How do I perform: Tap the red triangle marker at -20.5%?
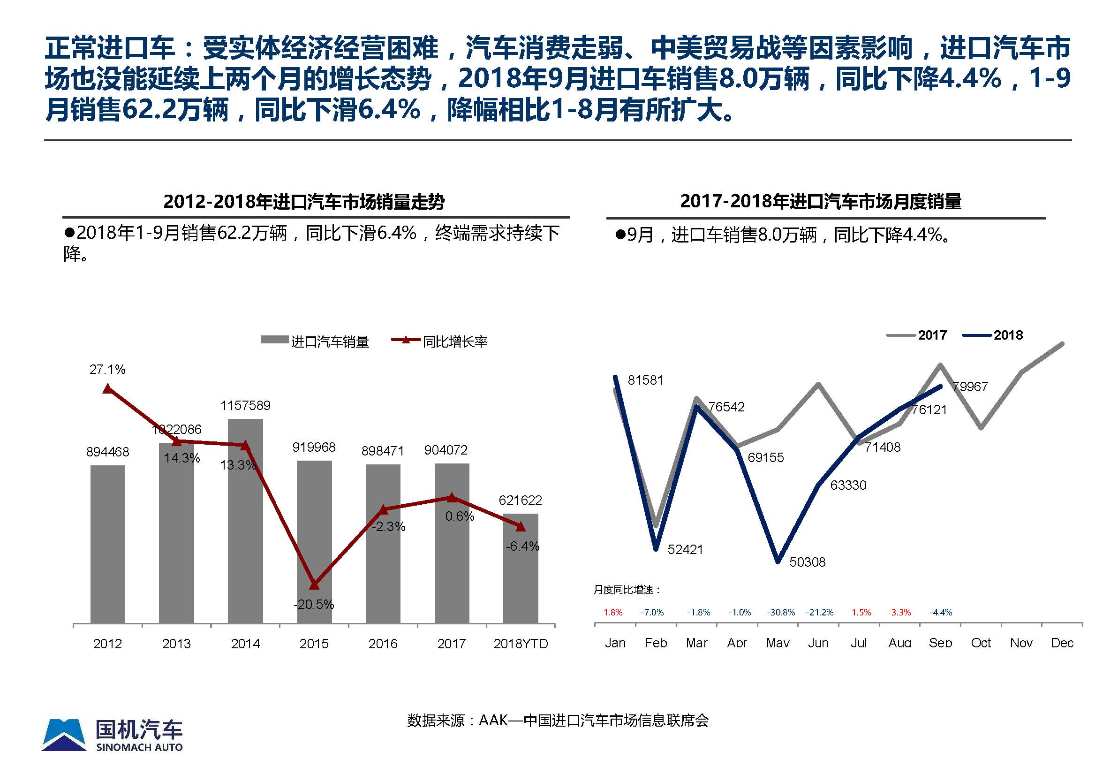tap(314, 585)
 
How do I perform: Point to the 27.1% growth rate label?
tap(107, 370)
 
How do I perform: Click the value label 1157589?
tap(245, 405)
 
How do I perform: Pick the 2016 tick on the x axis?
tap(383, 644)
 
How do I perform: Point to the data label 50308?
tap(807, 562)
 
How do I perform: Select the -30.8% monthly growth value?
tap(780, 613)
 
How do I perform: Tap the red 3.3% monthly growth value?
tap(901, 613)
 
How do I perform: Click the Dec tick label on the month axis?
tap(1062, 643)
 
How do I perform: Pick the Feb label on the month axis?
tap(656, 643)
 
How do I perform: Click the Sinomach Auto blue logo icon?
tap(64, 735)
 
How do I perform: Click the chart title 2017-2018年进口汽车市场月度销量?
tap(820, 201)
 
